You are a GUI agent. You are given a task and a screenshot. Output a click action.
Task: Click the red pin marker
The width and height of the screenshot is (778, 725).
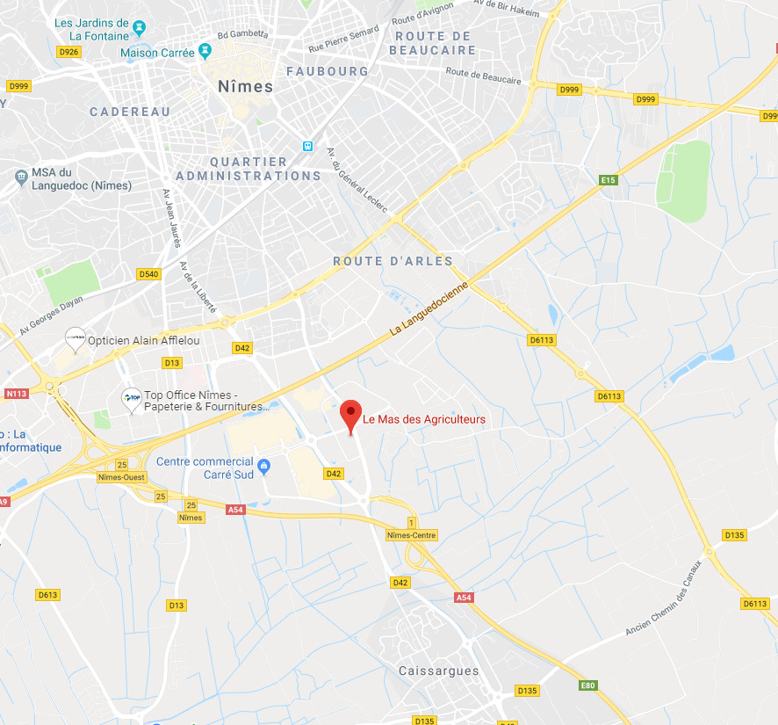pos(351,413)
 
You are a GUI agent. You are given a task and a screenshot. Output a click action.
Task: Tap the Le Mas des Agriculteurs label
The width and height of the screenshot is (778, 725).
pos(424,419)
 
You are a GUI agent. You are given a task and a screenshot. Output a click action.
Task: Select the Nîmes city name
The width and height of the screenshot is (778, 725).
pos(245,86)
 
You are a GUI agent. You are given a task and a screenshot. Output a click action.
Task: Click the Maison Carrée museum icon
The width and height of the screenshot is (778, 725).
pos(205,52)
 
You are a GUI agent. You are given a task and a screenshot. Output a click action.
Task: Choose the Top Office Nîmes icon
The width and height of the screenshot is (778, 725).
pos(132,399)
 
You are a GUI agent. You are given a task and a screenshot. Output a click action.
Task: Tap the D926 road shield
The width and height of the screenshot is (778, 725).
pos(68,52)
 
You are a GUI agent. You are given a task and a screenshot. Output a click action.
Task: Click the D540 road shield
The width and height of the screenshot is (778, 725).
pos(149,274)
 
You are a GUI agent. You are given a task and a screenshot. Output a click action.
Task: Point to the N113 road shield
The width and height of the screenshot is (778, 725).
pos(16,393)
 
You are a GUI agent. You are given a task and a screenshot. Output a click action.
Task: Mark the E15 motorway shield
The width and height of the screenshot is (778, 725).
pos(608,180)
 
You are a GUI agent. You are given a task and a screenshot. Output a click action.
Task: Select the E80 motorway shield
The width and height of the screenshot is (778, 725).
pos(587,685)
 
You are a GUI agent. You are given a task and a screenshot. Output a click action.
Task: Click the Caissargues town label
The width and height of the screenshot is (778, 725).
pos(438,671)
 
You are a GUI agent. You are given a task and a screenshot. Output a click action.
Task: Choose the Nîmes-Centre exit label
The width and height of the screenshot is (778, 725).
pos(411,535)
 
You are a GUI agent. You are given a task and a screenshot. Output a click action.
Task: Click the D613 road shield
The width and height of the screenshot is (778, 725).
pos(47,595)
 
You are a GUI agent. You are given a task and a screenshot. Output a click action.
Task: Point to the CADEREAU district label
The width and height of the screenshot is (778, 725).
pos(130,112)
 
